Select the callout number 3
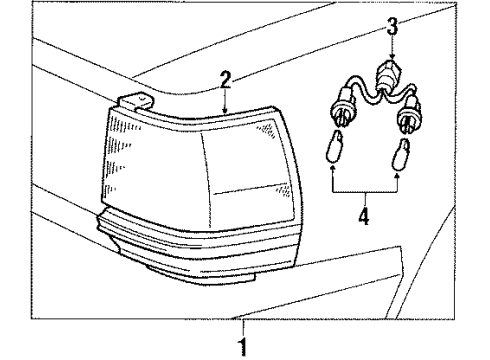coord(393,26)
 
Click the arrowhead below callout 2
coord(227,108)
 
